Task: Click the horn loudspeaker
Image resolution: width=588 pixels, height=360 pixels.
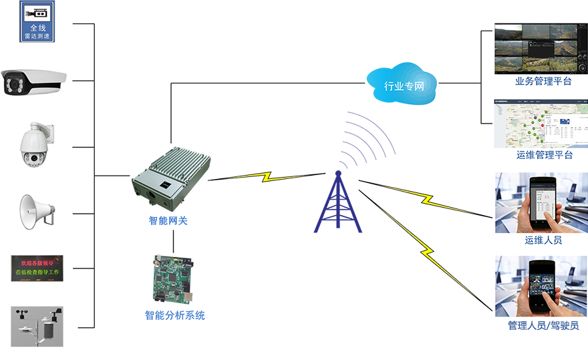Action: (37, 212)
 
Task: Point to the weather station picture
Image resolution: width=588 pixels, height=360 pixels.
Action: (37, 326)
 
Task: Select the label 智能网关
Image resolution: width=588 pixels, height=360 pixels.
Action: (168, 220)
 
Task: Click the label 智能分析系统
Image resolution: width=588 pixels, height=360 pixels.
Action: (175, 315)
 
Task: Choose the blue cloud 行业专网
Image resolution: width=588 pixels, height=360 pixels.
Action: (404, 83)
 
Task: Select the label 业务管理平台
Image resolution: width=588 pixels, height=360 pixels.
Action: (543, 81)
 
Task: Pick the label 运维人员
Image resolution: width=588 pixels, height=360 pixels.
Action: (543, 240)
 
